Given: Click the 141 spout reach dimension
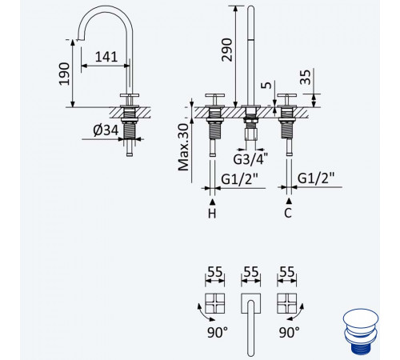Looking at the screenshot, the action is (x=106, y=57).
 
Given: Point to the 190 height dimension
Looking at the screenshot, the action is (x=64, y=74).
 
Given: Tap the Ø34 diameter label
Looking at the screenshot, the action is (x=106, y=130).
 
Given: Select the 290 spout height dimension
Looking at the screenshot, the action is (x=227, y=50).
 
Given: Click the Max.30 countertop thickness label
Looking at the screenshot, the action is (x=183, y=147).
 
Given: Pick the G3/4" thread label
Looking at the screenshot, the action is (x=250, y=159).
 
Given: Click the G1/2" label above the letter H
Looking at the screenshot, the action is (x=240, y=179).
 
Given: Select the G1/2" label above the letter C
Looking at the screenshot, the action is (x=316, y=178).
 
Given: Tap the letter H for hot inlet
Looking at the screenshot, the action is (x=212, y=213).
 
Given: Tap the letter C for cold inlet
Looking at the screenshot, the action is (x=288, y=213).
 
